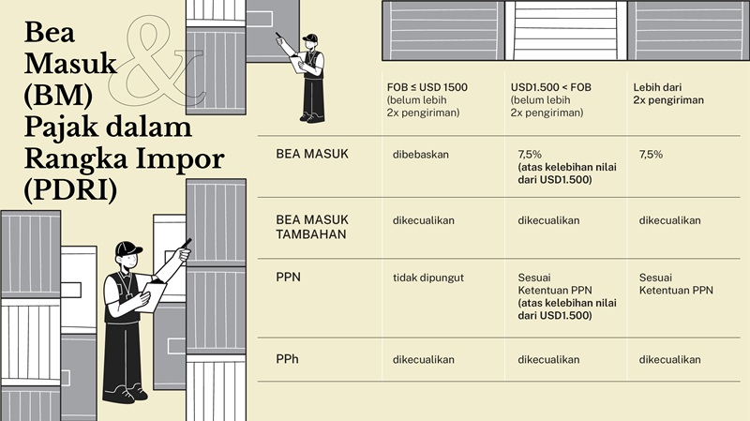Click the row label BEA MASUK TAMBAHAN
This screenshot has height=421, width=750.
(312, 227)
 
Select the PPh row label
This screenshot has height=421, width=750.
(288, 359)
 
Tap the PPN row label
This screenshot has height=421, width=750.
(288, 278)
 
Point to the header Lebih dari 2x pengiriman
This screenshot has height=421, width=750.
(668, 93)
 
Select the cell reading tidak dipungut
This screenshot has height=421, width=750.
(428, 278)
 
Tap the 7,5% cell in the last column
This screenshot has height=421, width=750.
(651, 154)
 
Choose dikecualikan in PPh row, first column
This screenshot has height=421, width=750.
(424, 359)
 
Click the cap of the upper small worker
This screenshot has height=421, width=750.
(310, 38)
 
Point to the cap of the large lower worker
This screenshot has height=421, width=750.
(127, 248)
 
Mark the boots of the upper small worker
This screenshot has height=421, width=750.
(308, 118)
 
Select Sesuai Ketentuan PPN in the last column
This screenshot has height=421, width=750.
(675, 284)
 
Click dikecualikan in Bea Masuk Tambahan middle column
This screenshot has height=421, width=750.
(548, 220)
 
